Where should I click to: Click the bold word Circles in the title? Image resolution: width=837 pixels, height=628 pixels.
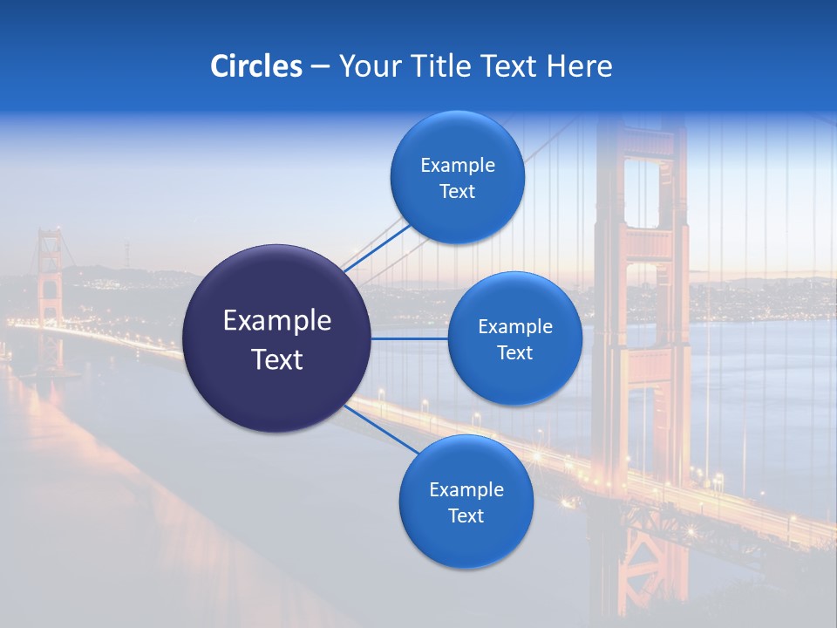click(255, 66)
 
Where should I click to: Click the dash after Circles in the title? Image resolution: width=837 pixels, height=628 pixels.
click(320, 67)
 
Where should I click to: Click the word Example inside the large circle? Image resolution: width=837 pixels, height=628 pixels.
click(277, 321)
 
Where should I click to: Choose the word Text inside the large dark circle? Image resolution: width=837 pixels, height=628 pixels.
click(277, 359)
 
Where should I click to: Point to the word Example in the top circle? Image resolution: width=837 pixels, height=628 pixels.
click(458, 166)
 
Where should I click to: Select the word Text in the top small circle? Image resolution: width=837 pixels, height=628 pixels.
click(457, 192)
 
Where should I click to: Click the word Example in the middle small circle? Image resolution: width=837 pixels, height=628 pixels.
click(515, 327)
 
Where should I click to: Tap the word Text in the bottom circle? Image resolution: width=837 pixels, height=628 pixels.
click(466, 516)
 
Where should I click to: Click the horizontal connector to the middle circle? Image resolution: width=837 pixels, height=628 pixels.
click(409, 338)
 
